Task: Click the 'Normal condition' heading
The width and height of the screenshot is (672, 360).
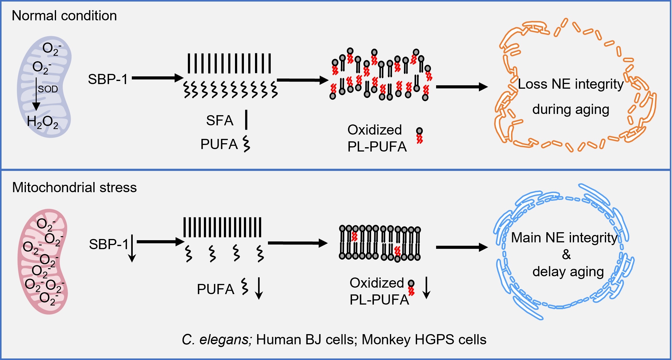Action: [x=64, y=16]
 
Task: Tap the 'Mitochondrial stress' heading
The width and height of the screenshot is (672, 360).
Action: [x=74, y=187]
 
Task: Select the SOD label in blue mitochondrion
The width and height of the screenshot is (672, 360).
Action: [x=48, y=89]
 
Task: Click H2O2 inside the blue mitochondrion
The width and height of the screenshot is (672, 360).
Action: [x=43, y=122]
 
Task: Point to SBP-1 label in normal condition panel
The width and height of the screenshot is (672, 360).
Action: [x=107, y=79]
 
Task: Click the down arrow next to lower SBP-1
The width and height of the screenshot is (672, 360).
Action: [x=132, y=248]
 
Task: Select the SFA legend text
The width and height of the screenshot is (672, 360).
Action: [x=220, y=120]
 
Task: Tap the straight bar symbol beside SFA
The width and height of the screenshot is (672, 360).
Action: [x=246, y=120]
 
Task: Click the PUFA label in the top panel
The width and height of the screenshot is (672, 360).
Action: [x=219, y=144]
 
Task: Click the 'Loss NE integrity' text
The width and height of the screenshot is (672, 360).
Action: [x=570, y=84]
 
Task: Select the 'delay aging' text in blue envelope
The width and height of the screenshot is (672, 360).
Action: [x=568, y=272]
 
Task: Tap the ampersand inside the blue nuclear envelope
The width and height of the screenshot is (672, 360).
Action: [x=566, y=255]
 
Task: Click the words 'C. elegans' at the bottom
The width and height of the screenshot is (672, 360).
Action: [x=217, y=339]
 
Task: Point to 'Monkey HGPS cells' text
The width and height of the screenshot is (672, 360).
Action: [x=424, y=339]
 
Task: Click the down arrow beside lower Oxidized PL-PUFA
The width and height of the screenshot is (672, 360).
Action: [x=427, y=288]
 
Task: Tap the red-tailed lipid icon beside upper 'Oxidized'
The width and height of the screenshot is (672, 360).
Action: [x=419, y=136]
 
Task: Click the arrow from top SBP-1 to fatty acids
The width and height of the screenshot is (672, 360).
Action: [x=157, y=78]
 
